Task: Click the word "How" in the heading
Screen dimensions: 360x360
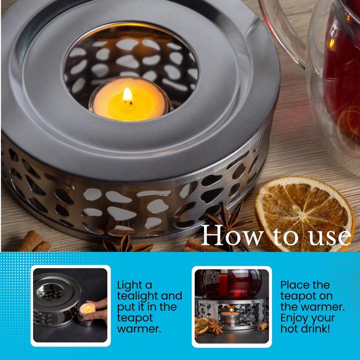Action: pyautogui.click(x=232, y=236)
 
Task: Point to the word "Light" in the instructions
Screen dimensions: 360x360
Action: pyautogui.click(x=134, y=285)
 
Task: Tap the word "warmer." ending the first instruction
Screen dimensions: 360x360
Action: pyautogui.click(x=139, y=329)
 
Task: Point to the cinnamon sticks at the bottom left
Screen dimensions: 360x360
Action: pyautogui.click(x=34, y=242)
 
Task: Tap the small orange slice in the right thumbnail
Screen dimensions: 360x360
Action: pyautogui.click(x=201, y=325)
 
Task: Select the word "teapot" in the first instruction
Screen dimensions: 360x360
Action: pyautogui.click(x=135, y=318)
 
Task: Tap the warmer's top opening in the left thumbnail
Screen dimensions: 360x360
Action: pyautogui.click(x=50, y=292)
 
